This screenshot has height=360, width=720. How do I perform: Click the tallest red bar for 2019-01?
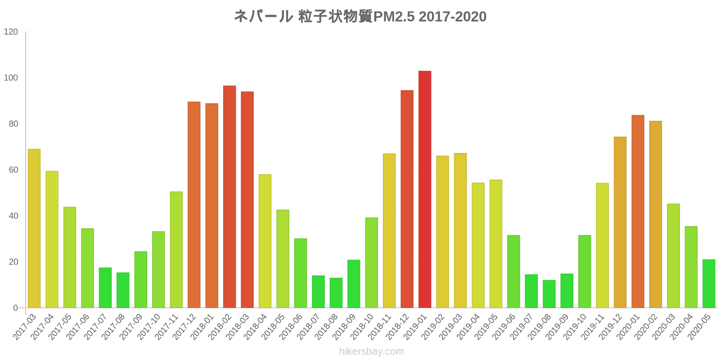click(424, 189)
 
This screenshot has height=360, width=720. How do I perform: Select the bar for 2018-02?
click(229, 197)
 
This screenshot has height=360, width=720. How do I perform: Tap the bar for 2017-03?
click(34, 228)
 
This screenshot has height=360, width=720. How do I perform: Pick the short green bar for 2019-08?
click(549, 294)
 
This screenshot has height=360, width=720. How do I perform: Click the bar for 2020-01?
click(638, 211)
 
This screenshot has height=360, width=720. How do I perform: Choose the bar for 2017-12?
click(194, 205)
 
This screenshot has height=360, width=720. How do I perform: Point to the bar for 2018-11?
click(389, 230)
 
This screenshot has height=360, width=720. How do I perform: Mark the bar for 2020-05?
click(709, 283)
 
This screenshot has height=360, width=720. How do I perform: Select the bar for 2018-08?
click(336, 292)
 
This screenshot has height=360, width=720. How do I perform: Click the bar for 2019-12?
click(620, 222)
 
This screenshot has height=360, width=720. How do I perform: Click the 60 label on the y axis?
click(13, 170)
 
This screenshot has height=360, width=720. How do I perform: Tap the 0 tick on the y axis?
click(16, 308)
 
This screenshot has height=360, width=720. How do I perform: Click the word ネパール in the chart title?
click(263, 17)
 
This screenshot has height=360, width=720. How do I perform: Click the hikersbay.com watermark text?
click(371, 351)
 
